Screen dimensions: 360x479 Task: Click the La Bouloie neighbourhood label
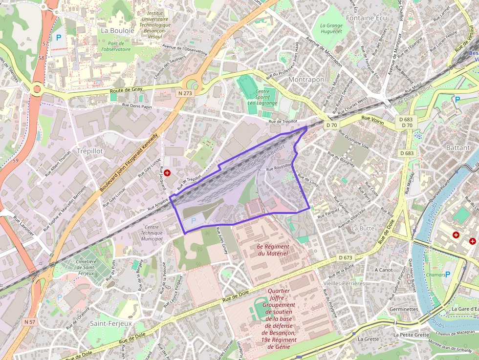tap(117, 30)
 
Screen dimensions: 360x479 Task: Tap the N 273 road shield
tap(185, 93)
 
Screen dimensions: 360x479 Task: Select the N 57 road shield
tap(30, 322)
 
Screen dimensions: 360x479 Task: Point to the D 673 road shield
tap(345, 257)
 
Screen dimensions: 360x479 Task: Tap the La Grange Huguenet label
tap(331, 28)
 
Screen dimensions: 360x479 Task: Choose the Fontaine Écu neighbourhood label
tap(366, 18)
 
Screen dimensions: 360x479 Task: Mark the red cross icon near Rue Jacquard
tap(167, 173)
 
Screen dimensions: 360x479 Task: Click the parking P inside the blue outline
tap(193, 221)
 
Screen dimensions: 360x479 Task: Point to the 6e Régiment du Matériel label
tap(273, 250)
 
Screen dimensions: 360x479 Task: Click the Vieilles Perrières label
tap(344, 283)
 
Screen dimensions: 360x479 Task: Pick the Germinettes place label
tap(403, 309)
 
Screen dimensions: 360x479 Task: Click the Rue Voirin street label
tap(373, 118)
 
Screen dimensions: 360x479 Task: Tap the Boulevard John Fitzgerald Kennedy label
tap(129, 162)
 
